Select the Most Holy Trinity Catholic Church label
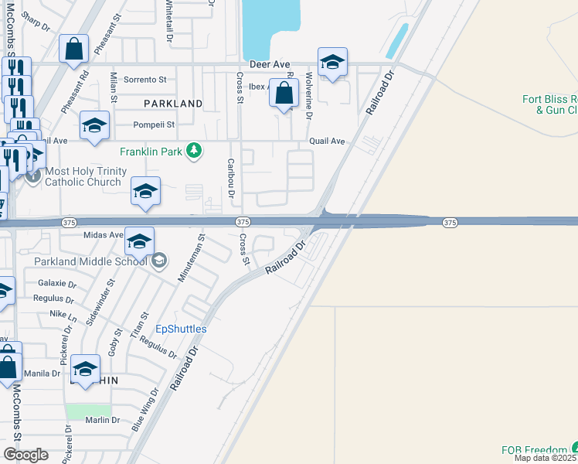tap(83, 177)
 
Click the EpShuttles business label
tap(182, 329)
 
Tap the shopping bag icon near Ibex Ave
tap(285, 94)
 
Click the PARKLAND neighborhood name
tap(172, 103)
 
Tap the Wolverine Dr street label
tap(308, 95)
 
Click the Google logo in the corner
tap(25, 455)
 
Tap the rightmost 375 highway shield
tap(450, 223)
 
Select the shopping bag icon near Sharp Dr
tap(74, 49)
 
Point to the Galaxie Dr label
tap(56, 283)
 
